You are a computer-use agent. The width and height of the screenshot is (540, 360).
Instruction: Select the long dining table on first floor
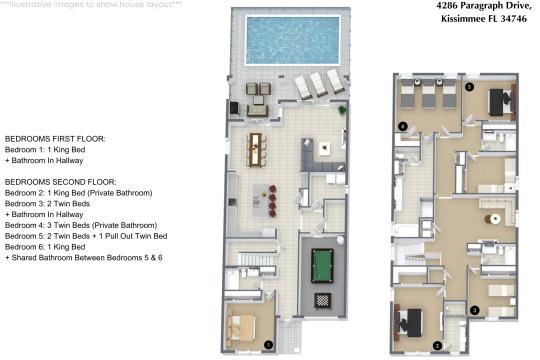(257, 148)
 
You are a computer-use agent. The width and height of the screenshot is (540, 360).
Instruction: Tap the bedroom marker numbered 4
(403, 126)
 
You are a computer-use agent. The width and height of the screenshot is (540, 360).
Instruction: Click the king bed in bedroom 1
(243, 326)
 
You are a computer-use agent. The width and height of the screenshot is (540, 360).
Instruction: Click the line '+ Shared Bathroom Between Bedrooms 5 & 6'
(82, 258)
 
